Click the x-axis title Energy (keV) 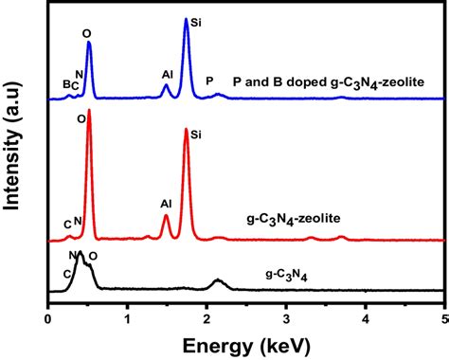coord(245,340)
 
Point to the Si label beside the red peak coord(197,135)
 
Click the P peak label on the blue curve coord(209,81)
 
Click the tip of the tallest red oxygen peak coord(89,111)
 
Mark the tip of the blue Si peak coord(187,20)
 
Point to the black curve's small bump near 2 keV coord(218,279)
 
